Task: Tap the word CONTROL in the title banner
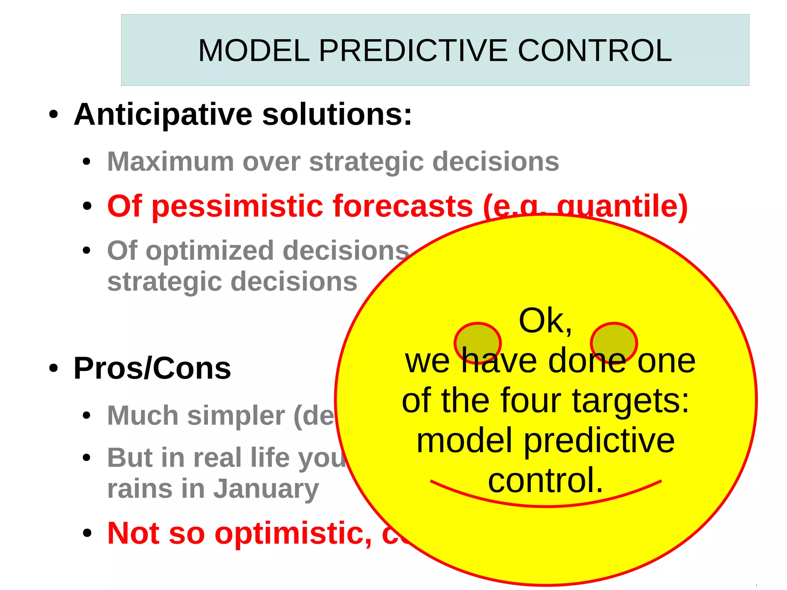594,51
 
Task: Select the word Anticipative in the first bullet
163,115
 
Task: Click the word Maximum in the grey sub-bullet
170,161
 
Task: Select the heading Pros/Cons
152,369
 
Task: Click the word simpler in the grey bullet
236,416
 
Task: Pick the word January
266,489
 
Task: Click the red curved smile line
546,505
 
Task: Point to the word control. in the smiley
546,480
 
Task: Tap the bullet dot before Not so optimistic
87,533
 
